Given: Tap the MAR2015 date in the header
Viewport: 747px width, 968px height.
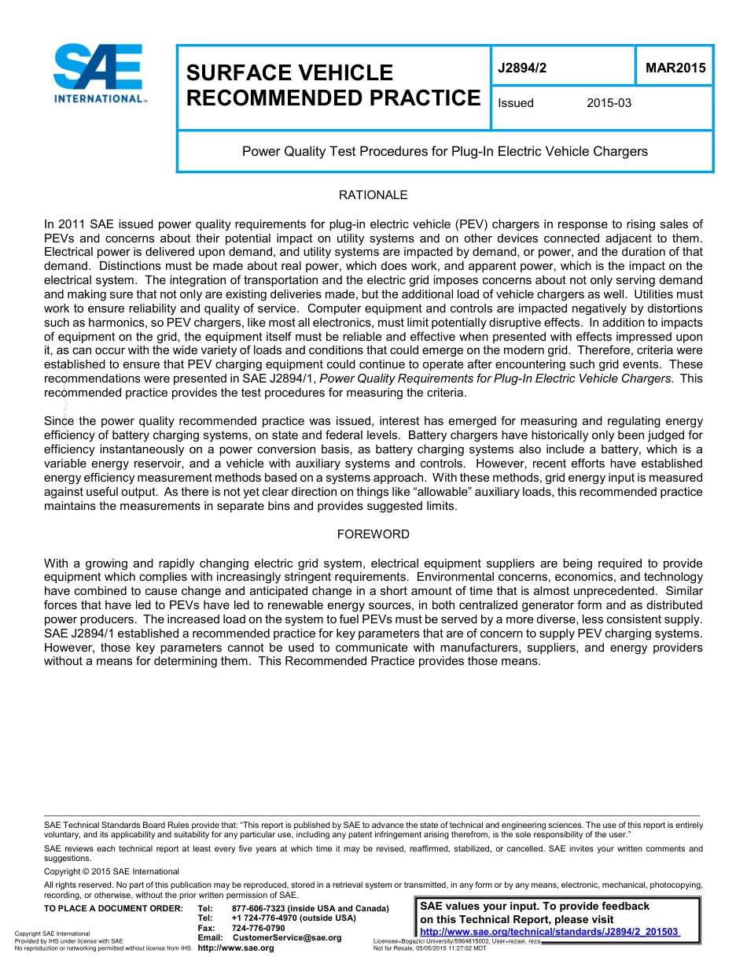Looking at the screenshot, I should (675, 68).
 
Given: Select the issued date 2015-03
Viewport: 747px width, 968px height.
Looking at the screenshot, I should (609, 103).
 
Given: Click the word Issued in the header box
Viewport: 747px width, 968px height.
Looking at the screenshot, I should (516, 103).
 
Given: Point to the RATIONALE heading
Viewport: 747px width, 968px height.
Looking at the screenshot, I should (373, 194).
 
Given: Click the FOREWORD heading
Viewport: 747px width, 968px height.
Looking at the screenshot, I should (373, 534).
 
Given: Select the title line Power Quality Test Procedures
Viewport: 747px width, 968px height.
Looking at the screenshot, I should (444, 151).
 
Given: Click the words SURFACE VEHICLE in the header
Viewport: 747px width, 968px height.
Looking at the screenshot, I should (289, 72).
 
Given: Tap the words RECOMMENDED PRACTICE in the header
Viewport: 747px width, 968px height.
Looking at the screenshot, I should (333, 98).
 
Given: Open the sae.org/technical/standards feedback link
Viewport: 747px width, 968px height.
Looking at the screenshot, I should (550, 933).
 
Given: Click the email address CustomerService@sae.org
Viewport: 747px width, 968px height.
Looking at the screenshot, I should (287, 937).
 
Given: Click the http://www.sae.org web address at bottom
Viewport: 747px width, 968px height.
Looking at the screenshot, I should (236, 948).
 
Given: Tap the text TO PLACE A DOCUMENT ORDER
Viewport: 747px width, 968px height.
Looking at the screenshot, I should (113, 909).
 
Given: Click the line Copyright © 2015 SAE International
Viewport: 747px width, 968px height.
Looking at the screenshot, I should (112, 871).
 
